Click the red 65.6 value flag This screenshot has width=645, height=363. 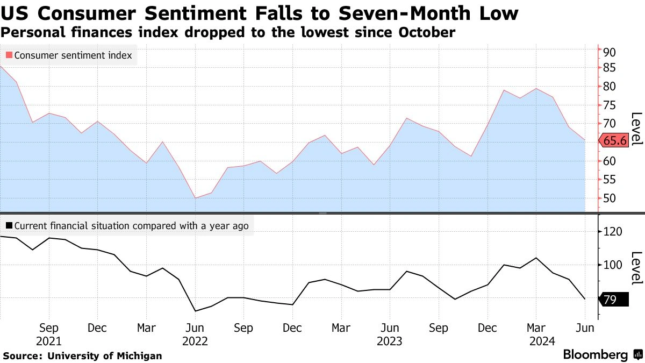pos(614,140)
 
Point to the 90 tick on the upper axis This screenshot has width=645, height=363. pos(609,52)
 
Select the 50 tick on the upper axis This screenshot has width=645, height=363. pos(609,198)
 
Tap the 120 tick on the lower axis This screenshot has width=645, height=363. pos(612,232)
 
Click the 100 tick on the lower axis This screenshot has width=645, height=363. pos(612,265)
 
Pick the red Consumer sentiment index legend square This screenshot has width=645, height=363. pos(9,55)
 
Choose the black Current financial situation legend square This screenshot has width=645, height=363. pos(9,226)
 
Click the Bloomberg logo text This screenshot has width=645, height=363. pos(596,355)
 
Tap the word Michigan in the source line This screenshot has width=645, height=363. pos(139,355)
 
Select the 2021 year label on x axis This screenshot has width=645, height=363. pos(49,340)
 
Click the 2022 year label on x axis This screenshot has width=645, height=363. pos(195,340)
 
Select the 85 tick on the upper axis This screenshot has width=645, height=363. pos(609,68)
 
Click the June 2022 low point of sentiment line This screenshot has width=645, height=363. pos(195,198)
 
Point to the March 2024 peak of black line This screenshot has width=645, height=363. pos(536,258)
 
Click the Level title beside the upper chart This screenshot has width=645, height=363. pos(636,128)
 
